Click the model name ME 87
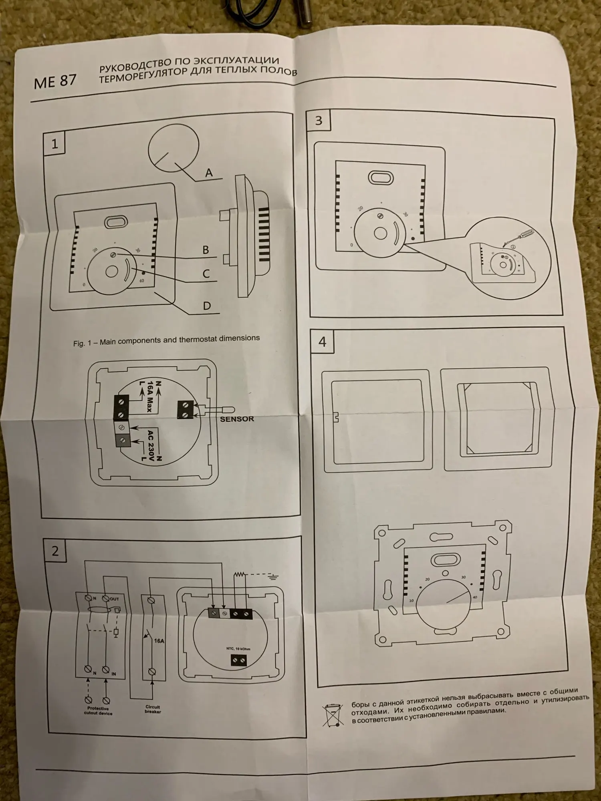(x=55, y=81)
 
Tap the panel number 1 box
(x=54, y=143)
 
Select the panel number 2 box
(x=55, y=551)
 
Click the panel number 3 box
(x=319, y=121)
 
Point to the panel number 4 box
(x=323, y=342)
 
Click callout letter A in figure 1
(x=209, y=173)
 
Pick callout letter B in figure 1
(x=206, y=250)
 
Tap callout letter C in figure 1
(x=206, y=274)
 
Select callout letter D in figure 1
(x=207, y=306)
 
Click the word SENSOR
(x=237, y=419)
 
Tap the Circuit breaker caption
(x=153, y=709)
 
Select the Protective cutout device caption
(x=98, y=711)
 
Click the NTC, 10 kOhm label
(x=238, y=648)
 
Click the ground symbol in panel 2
(x=273, y=577)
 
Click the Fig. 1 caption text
(x=166, y=341)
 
